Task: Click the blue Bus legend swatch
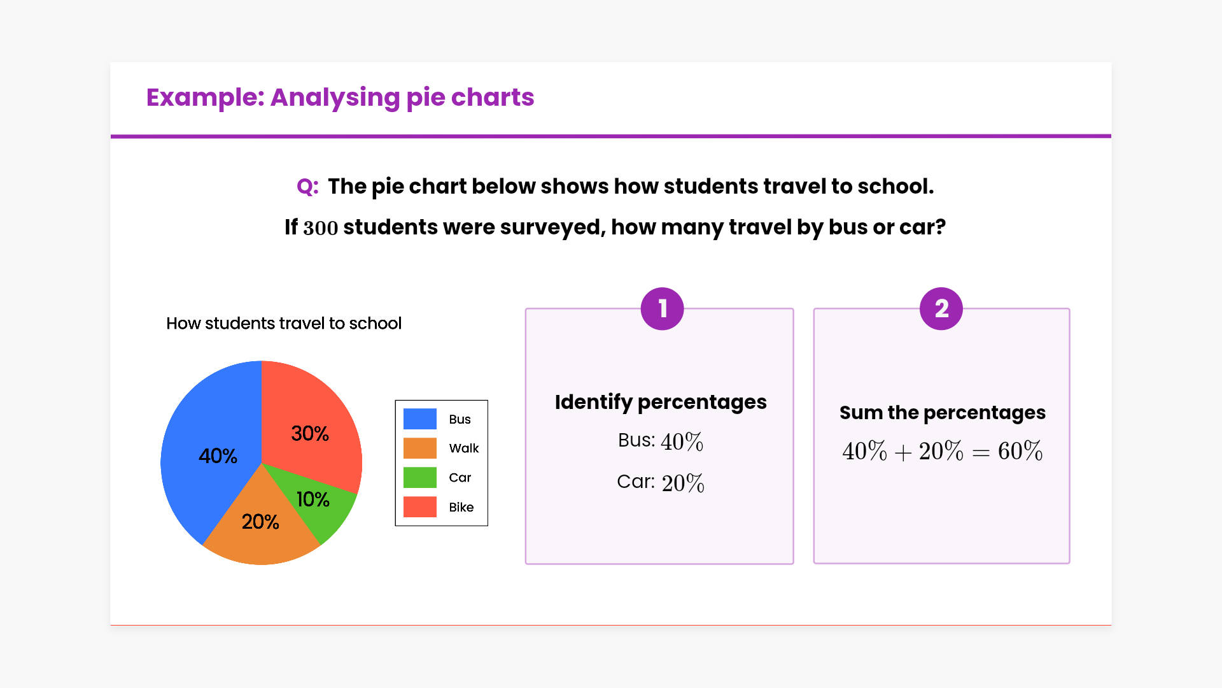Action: pos(420,419)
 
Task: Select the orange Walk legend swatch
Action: pos(420,448)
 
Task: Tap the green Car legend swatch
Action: pos(420,477)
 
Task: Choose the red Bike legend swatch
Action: pos(420,506)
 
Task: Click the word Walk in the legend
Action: pos(464,448)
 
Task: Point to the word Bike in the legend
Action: pos(461,507)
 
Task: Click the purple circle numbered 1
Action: pos(662,308)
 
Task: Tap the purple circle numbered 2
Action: pos(941,308)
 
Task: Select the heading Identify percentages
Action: pos(661,403)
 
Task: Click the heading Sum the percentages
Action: pos(943,413)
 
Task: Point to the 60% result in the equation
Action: pos(1020,451)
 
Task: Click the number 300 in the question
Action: pos(321,227)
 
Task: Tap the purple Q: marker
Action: pos(307,187)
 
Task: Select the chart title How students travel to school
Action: pos(284,323)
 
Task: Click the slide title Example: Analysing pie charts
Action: pos(341,97)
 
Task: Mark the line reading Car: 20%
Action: pos(661,482)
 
